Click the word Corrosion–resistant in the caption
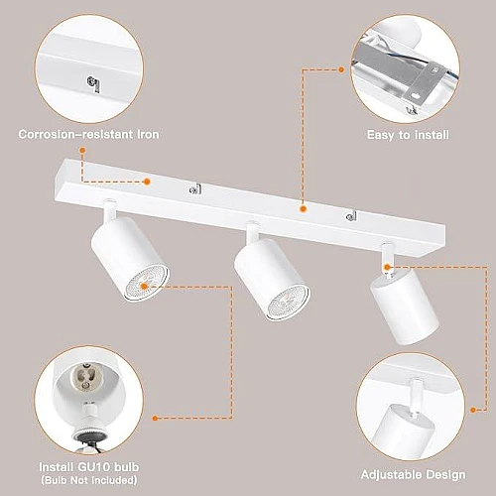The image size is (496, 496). click(75, 134)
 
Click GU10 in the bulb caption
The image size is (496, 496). click(93, 467)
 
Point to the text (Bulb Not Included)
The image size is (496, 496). click(89, 480)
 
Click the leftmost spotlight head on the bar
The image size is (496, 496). click(130, 259)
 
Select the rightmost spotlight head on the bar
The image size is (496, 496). click(404, 307)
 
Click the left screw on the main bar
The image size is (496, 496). click(194, 189)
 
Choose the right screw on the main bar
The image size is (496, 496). click(351, 216)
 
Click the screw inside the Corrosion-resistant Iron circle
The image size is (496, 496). click(92, 84)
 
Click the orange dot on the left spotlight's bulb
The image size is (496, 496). click(144, 287)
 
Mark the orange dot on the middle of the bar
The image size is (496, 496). click(303, 209)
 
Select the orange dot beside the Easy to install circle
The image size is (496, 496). click(341, 69)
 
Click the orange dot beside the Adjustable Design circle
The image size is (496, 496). click(473, 410)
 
